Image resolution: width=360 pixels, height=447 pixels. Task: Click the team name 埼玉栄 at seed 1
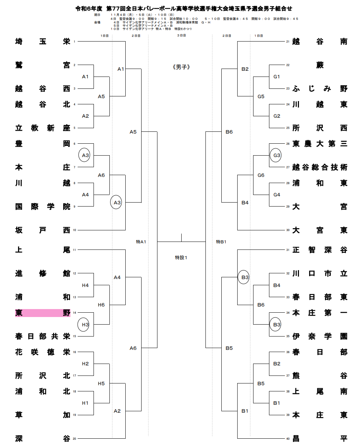point(43,42)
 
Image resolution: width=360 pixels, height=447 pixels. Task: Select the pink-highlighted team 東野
point(43,313)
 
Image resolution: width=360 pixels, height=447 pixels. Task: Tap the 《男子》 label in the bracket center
point(181,67)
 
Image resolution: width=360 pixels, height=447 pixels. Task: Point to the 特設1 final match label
point(181,257)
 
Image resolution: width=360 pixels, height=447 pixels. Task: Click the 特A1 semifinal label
point(141,242)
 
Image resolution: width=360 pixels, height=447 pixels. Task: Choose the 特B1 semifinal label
point(221,242)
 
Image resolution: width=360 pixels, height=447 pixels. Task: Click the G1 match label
point(277,77)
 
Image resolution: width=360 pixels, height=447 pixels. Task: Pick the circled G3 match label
point(277,155)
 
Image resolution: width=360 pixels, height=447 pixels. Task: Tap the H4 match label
point(85,285)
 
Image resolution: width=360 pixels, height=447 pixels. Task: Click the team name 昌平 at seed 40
point(320,439)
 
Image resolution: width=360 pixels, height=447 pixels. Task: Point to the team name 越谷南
point(320,42)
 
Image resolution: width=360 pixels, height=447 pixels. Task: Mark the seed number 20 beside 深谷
point(74,439)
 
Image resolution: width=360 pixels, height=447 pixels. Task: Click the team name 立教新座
point(43,128)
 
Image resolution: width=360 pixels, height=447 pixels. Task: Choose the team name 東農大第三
point(320,144)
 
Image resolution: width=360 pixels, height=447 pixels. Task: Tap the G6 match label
point(261,175)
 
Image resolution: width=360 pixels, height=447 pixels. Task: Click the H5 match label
point(101,383)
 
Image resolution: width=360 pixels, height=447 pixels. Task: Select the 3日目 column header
point(181,36)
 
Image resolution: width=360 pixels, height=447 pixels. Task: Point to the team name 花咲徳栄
point(43,352)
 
